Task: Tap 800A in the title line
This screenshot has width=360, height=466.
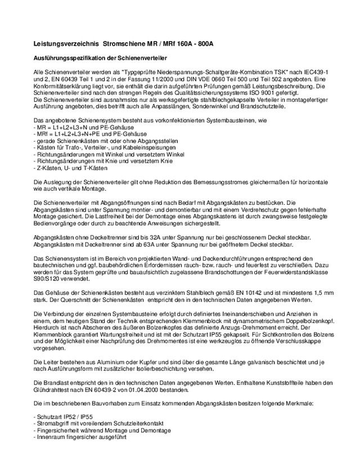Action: click(x=202, y=43)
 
